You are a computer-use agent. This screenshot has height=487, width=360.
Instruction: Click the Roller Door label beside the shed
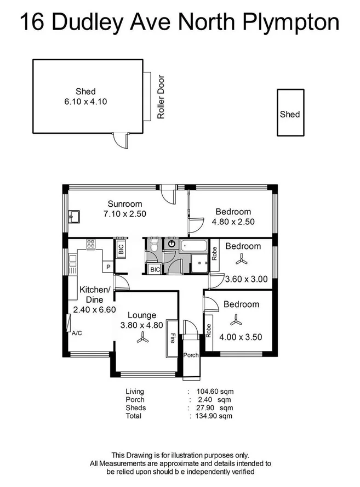(161, 97)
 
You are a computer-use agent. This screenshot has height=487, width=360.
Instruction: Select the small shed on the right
(290, 114)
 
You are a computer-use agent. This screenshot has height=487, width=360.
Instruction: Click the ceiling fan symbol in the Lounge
(142, 340)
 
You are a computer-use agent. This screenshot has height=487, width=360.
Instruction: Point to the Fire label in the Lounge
(173, 338)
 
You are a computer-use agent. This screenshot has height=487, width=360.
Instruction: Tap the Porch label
(191, 355)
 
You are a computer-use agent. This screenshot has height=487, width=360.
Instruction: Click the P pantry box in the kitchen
(108, 267)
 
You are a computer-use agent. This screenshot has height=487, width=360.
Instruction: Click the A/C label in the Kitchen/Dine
(76, 333)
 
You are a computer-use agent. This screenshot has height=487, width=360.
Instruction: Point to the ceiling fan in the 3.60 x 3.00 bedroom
(242, 261)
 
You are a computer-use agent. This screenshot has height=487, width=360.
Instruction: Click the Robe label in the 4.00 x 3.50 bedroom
(209, 330)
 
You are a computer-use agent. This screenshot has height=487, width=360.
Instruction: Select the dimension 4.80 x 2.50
(233, 223)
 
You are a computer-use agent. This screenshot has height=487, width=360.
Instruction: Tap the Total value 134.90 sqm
(211, 416)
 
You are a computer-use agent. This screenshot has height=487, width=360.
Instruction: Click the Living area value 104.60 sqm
(211, 392)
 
